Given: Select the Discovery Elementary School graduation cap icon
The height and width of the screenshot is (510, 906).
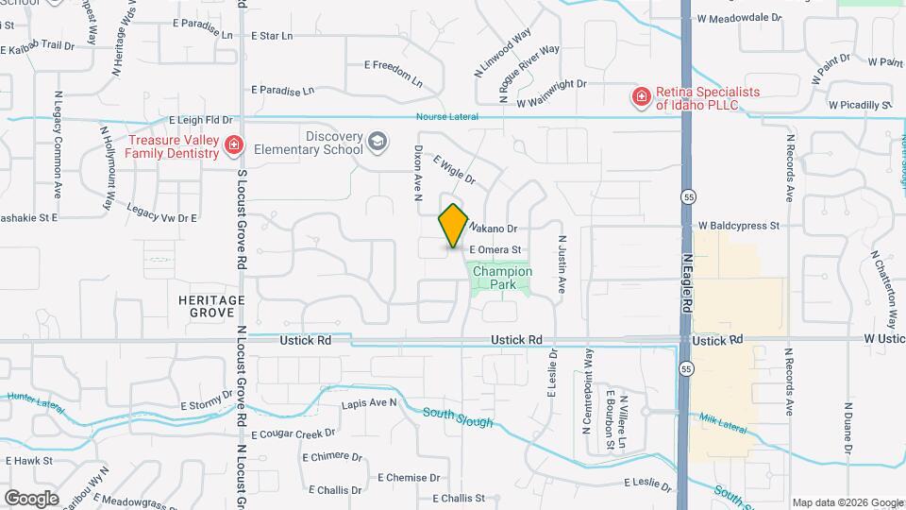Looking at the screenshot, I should tap(377, 142).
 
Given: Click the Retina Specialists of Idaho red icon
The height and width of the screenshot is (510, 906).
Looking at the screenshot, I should tap(641, 96).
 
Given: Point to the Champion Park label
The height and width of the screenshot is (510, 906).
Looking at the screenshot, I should tap(502, 278).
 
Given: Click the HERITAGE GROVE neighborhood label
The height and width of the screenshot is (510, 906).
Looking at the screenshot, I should tap(211, 306).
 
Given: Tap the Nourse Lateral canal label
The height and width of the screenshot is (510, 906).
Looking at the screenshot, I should tap(446, 117).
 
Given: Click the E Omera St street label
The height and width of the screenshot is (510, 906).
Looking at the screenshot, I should tap(495, 249).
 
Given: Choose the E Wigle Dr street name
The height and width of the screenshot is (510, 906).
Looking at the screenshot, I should tap(454, 169).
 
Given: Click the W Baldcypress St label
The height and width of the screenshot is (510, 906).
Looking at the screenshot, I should tap(739, 227).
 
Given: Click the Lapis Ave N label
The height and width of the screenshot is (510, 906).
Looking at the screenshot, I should tap(369, 402).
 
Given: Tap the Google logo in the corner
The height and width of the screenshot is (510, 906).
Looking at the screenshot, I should tap(31, 498).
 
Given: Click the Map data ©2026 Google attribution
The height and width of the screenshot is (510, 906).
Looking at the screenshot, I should tap(847, 502).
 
